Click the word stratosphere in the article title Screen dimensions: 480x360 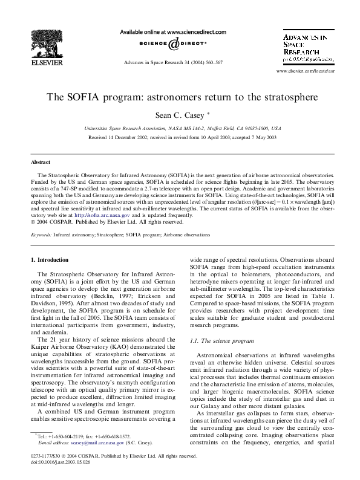pyautogui.click(x=286, y=96)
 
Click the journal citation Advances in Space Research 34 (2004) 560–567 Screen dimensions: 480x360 pyautogui.click(x=173, y=62)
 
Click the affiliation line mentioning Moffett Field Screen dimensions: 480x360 pyautogui.click(x=182, y=129)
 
